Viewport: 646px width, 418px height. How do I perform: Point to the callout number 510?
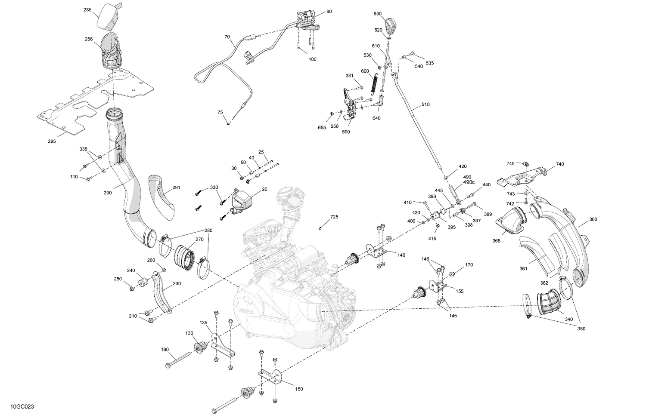click(x=425, y=104)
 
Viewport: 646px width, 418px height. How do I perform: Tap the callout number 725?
click(x=334, y=217)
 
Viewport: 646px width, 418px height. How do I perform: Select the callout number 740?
click(x=559, y=164)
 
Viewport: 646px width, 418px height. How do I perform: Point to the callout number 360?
click(x=593, y=219)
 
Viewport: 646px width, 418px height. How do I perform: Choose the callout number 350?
click(x=581, y=329)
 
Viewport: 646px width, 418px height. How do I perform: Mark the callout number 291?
click(x=176, y=187)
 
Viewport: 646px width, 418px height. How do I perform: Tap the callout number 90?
click(x=329, y=12)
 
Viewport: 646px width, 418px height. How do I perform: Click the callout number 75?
click(x=220, y=112)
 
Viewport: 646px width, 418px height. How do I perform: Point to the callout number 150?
click(x=299, y=389)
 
